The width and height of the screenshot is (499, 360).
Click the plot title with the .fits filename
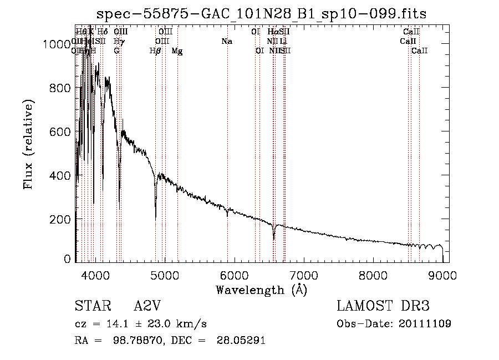click(262, 13)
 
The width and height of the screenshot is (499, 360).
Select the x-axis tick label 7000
click(303, 275)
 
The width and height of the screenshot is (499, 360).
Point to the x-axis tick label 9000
click(442, 275)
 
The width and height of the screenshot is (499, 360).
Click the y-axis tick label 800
click(60, 88)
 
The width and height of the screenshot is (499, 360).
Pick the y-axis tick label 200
click(60, 219)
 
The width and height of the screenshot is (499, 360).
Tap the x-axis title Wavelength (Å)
click(261, 290)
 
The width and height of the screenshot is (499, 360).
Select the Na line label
click(226, 42)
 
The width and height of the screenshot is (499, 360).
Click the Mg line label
click(177, 51)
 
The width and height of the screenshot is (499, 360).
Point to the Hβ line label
click(155, 51)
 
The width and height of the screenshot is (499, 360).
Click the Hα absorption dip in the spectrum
click(274, 239)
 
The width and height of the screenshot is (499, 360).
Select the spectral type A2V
click(148, 307)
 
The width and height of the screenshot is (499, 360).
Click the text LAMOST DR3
click(383, 307)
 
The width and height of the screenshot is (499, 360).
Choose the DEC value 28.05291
click(241, 341)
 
